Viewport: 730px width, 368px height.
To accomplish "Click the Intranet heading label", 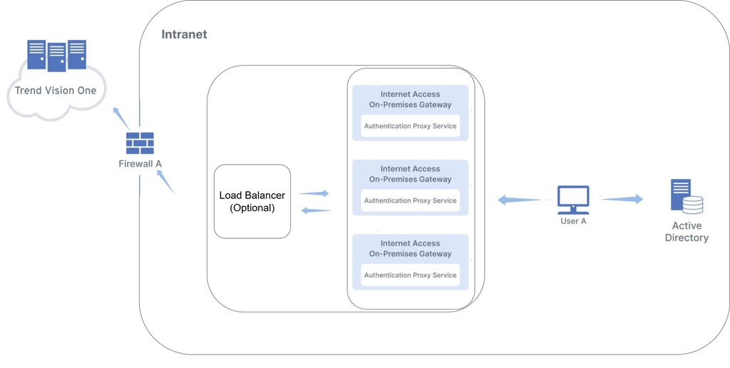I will (184, 34).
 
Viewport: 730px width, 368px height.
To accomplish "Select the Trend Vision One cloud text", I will (56, 91).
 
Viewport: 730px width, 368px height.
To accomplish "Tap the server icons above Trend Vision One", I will (56, 55).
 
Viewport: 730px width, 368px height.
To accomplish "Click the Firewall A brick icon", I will (140, 143).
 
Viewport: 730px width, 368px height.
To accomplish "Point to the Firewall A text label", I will (140, 164).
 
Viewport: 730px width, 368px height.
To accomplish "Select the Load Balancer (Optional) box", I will (252, 201).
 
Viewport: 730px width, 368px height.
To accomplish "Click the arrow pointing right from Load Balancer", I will (314, 193).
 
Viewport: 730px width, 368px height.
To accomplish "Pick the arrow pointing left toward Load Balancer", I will (317, 210).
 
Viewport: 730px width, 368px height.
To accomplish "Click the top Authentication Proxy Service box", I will (410, 126).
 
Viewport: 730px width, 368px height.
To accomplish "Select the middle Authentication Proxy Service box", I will (410, 200).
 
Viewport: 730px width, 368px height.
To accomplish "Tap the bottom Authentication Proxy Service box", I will (410, 275).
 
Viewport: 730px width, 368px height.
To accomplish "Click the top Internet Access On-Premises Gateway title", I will (410, 99).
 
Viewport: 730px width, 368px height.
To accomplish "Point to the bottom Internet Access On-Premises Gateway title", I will (410, 248).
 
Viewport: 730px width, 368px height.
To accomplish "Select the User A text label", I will (573, 222).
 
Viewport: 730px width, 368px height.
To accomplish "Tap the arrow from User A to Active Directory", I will (622, 199).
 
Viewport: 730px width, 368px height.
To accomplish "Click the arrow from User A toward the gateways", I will (519, 200).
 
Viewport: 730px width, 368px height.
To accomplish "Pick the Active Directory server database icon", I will (687, 196).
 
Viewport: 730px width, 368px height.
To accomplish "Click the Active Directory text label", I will (687, 232).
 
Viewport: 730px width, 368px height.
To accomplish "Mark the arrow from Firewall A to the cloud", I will (120, 118).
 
